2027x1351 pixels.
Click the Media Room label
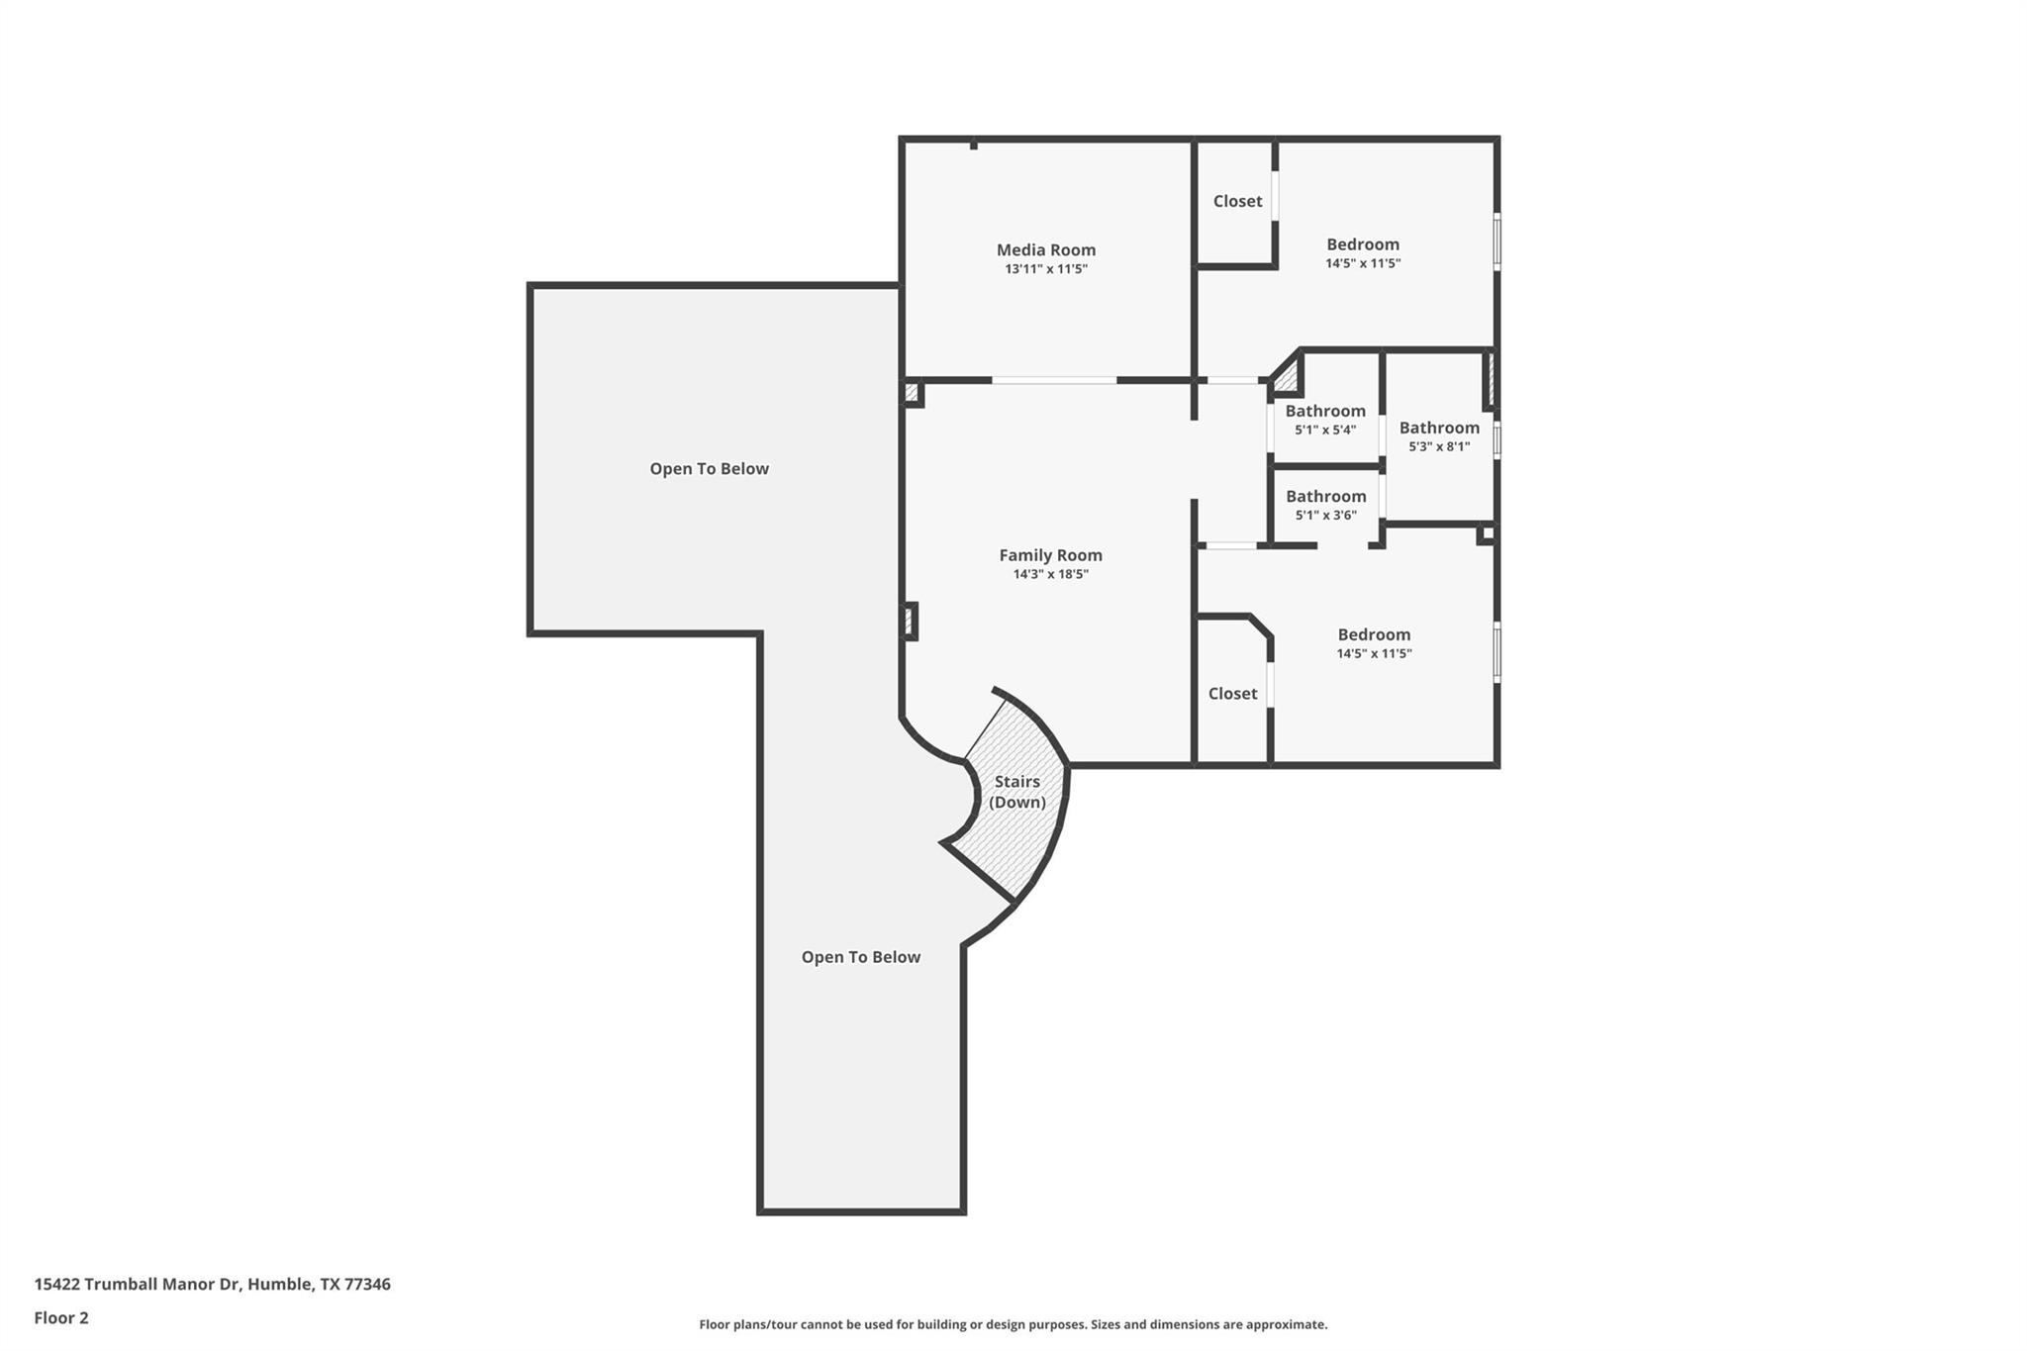[1045, 249]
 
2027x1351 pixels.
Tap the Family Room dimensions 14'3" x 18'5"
[1050, 574]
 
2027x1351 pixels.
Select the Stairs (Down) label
[1017, 792]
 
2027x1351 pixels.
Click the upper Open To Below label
[709, 468]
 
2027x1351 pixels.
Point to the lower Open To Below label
[860, 956]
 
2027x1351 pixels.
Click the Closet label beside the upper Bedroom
[1237, 201]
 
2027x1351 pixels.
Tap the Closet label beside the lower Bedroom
[1232, 694]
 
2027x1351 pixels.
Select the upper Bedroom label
[1362, 244]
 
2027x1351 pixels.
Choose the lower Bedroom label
[1374, 634]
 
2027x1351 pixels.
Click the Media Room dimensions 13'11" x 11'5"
[1045, 269]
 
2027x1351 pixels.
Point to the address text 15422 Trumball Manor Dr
[212, 1284]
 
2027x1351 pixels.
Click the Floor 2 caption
[61, 1317]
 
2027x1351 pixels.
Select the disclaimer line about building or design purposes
[1013, 1324]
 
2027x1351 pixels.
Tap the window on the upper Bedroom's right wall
[1496, 241]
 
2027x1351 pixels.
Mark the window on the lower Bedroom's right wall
[1496, 651]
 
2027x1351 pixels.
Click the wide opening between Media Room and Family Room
[1054, 380]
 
